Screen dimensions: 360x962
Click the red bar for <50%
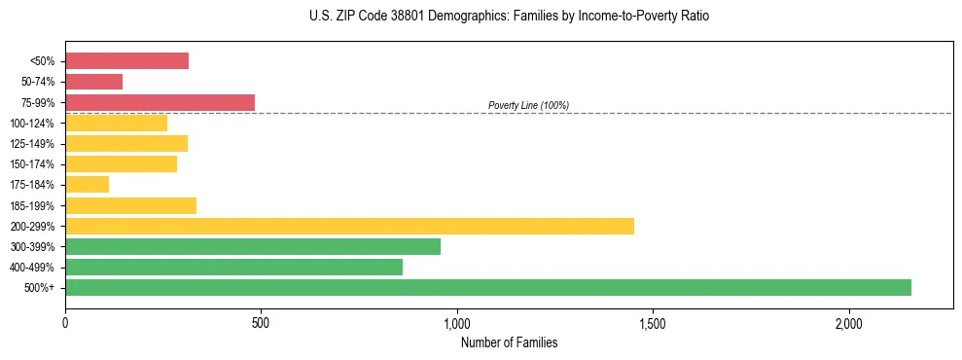126,61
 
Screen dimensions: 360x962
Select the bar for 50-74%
93,82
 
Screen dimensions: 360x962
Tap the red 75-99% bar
160,102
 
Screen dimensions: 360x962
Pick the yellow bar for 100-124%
116,123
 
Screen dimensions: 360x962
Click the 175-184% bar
87,185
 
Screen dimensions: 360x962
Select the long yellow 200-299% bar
349,226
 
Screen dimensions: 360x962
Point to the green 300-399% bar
253,246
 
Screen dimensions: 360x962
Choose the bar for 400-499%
233,267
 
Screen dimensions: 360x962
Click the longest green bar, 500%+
487,287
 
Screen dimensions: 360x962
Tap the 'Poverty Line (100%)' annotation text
528,105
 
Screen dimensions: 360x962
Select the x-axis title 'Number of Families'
509,342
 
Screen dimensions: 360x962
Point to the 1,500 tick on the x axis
652,322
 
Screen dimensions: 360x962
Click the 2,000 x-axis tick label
848,322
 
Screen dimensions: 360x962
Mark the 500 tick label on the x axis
261,322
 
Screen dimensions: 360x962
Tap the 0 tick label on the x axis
65,322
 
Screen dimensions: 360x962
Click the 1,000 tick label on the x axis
456,322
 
